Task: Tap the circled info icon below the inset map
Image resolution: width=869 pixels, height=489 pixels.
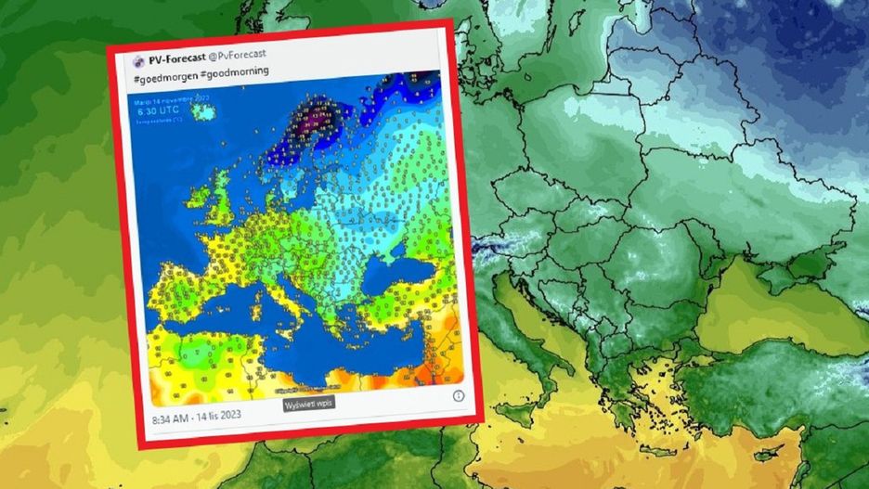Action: (x=458, y=395)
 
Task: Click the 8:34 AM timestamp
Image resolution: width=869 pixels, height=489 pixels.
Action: (x=174, y=419)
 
